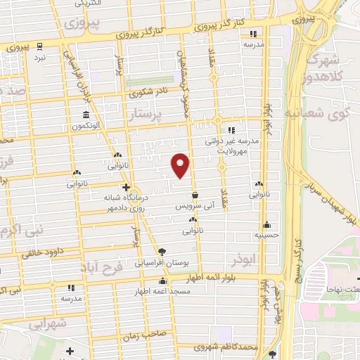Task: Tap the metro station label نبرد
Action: [x=41, y=57]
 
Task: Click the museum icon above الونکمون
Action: [x=86, y=115]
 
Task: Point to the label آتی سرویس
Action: [x=194, y=208]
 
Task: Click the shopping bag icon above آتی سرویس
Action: [x=195, y=195]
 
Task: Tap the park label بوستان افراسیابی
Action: [x=162, y=262]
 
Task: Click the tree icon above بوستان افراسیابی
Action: [x=162, y=251]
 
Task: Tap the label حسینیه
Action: [x=267, y=235]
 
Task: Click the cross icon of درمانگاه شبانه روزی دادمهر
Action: [x=126, y=187]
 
